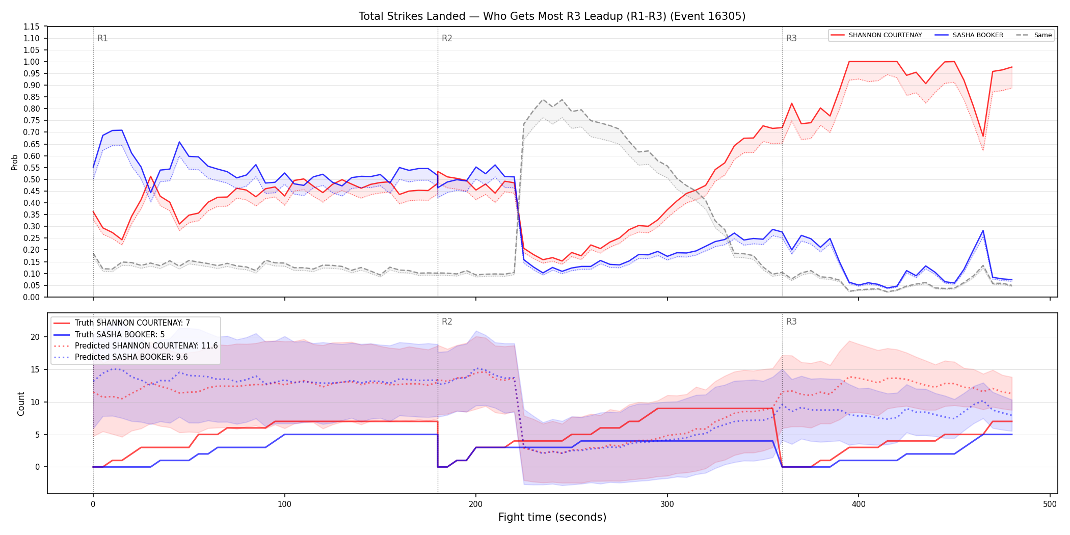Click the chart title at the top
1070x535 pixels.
[552, 16]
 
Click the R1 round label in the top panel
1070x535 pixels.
[102, 38]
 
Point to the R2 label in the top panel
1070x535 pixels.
[447, 38]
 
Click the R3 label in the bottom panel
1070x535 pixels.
[791, 322]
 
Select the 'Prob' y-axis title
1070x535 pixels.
[15, 162]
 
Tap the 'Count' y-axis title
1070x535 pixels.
[21, 404]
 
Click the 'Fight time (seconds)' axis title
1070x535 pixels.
[552, 517]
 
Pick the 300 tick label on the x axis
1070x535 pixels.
[667, 504]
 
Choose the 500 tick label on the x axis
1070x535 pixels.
[1050, 504]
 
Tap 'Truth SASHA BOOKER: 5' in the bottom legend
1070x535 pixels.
[120, 335]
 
